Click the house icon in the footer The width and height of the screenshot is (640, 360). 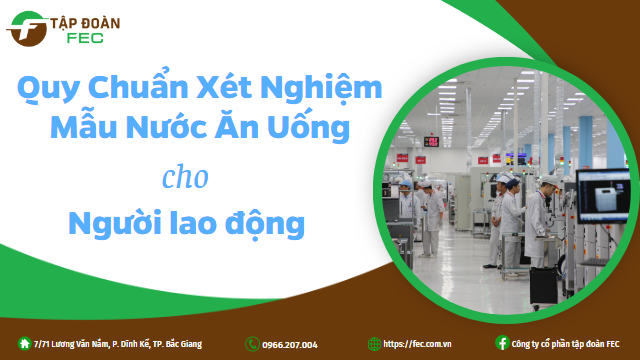[x=24, y=344]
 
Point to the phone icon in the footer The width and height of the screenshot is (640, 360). [x=251, y=344]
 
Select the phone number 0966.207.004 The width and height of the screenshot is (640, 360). [x=290, y=345]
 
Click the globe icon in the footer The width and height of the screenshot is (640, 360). [x=374, y=344]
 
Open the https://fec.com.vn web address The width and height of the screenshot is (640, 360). [x=417, y=345]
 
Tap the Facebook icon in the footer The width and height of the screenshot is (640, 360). [x=502, y=344]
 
